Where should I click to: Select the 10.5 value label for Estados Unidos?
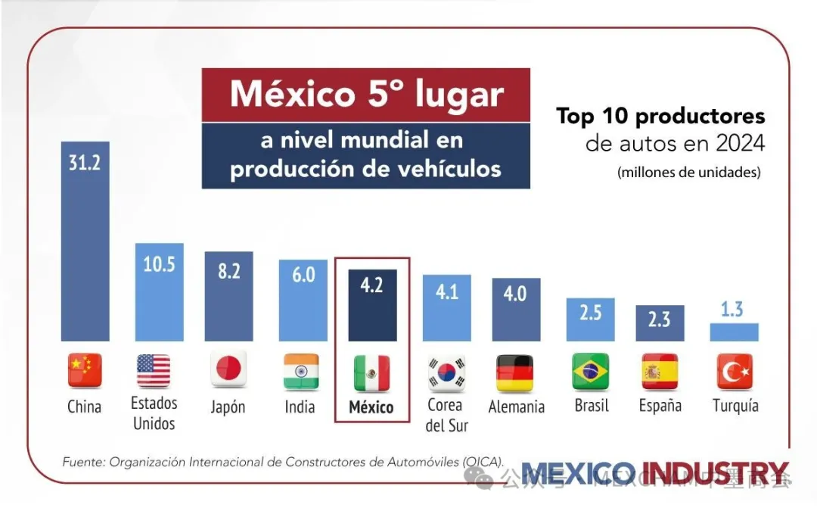[x=159, y=264]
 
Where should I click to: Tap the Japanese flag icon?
[x=228, y=370]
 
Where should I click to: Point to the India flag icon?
[x=300, y=370]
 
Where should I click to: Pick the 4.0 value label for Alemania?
[x=515, y=293]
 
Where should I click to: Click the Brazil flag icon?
[x=591, y=371]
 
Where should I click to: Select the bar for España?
[x=660, y=324]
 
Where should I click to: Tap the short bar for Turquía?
[x=734, y=332]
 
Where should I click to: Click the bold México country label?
[x=371, y=407]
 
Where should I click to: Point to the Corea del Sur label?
[x=446, y=415]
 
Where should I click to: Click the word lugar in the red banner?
[x=459, y=95]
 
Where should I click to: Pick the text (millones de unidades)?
[x=688, y=172]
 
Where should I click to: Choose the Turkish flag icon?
[x=735, y=371]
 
